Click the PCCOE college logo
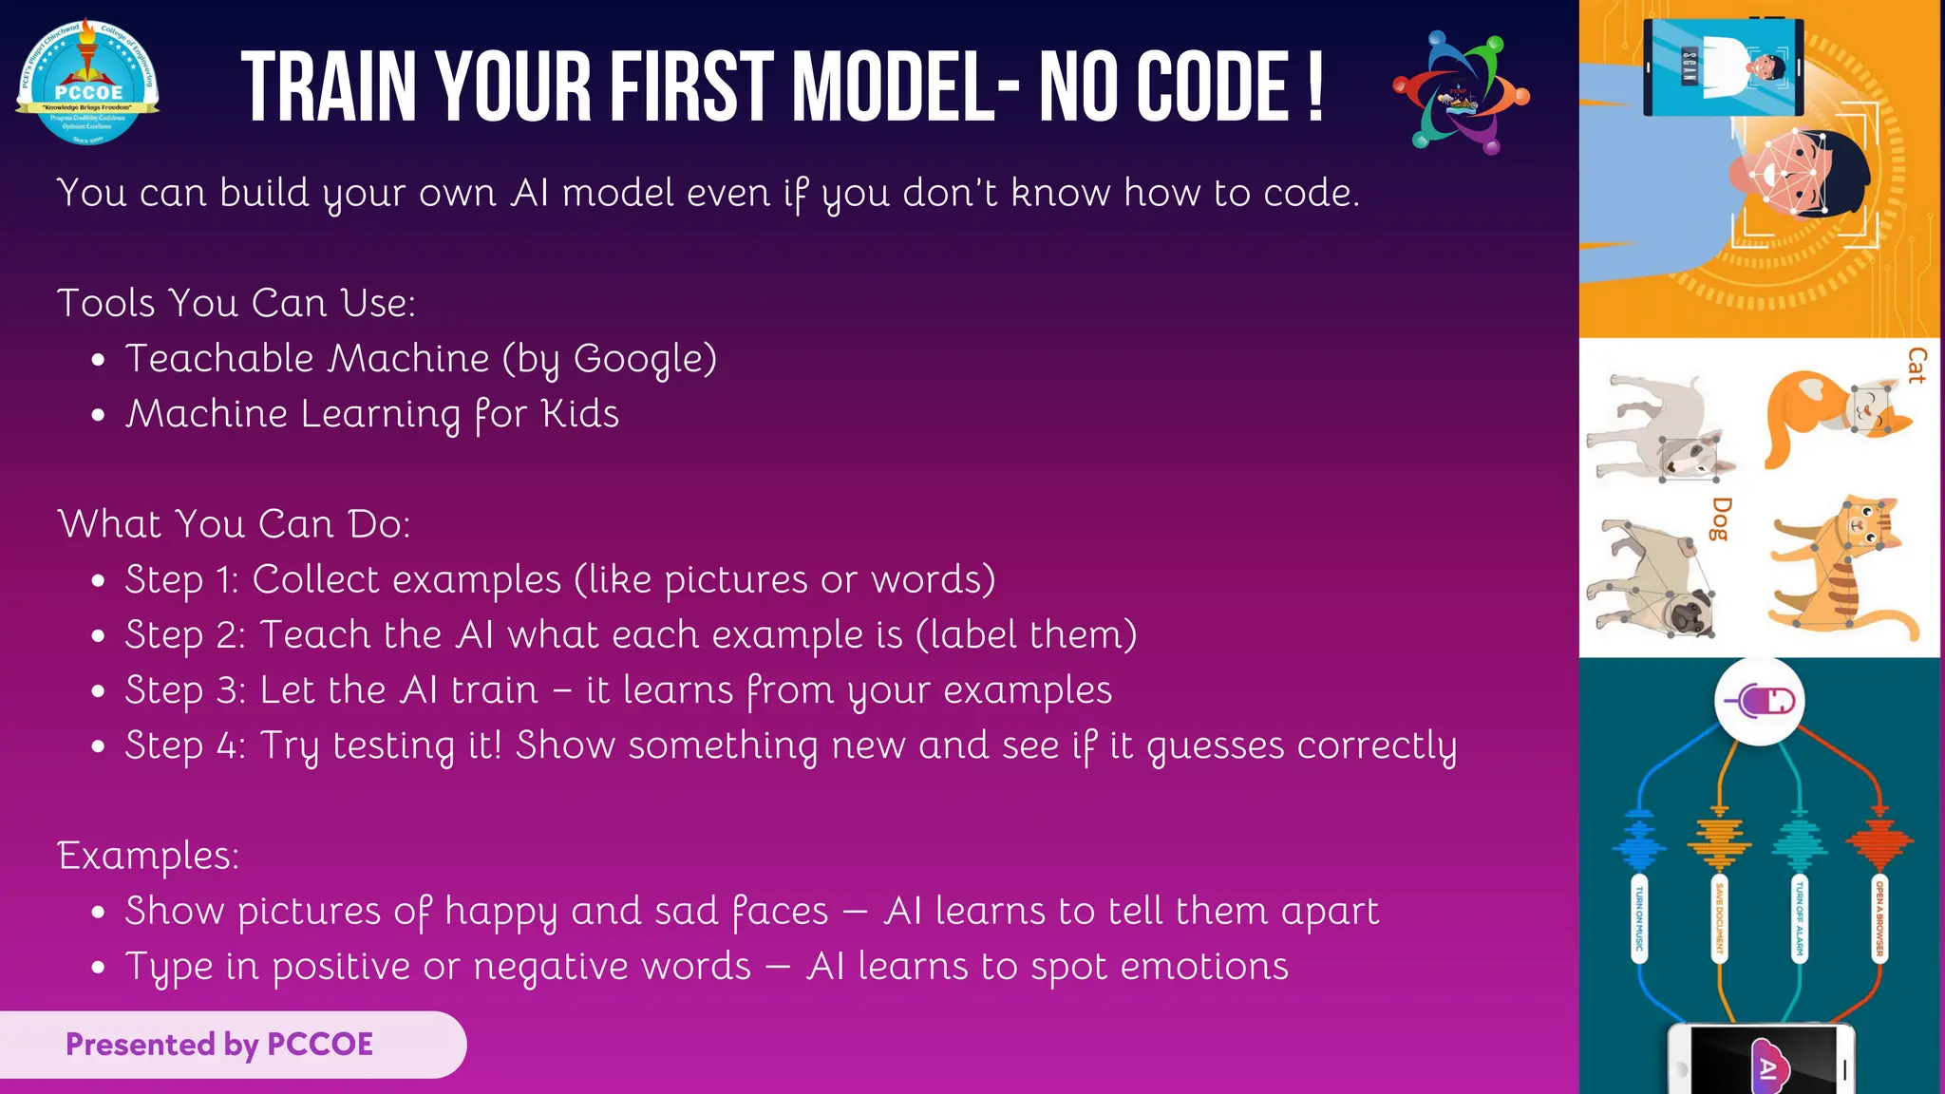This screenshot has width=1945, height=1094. point(87,83)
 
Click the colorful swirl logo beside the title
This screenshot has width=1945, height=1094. point(1461,92)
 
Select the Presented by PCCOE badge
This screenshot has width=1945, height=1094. point(220,1045)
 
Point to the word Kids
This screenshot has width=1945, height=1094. point(579,414)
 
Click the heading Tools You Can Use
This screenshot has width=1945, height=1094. point(236,304)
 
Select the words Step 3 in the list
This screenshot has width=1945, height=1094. point(185,691)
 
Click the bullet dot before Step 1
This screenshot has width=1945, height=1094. point(98,581)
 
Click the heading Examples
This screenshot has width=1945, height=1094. point(148,856)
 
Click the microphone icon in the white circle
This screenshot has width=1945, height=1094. point(1759,702)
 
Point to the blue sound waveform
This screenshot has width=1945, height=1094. point(1638,840)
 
